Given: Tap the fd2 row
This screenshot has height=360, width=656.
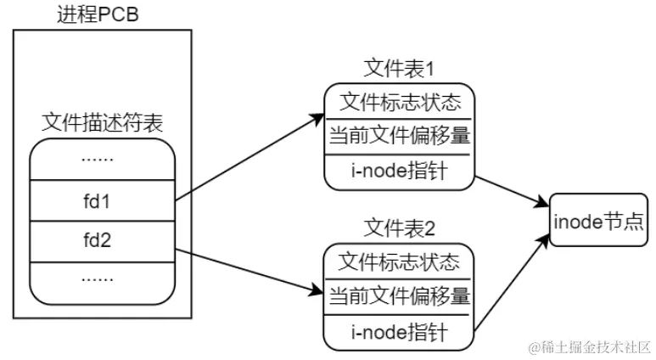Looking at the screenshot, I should pyautogui.click(x=103, y=240).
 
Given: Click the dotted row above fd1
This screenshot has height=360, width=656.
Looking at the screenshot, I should pyautogui.click(x=103, y=160).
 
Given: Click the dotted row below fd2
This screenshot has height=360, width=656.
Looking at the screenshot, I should pyautogui.click(x=103, y=278).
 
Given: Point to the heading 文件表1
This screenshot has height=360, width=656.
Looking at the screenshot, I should pyautogui.click(x=399, y=68).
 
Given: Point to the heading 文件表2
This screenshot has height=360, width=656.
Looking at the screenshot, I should pyautogui.click(x=399, y=227).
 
